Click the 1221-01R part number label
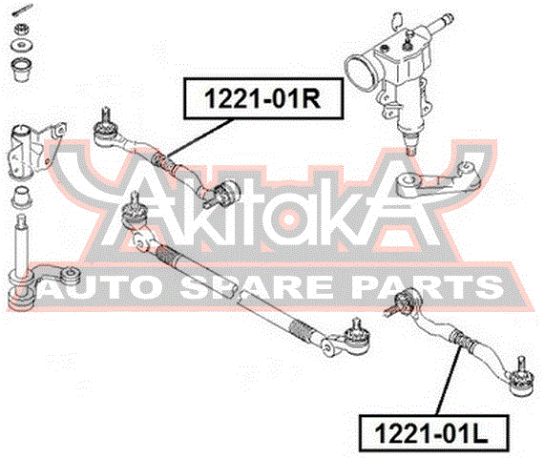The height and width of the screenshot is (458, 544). [x=263, y=99]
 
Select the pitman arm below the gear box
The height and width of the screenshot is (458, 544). [x=438, y=181]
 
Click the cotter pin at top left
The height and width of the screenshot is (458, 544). [x=23, y=9]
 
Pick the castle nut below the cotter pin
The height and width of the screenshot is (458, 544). [x=22, y=29]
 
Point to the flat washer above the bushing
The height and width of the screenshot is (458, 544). [x=22, y=45]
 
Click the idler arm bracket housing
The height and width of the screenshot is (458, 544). [x=34, y=149]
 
